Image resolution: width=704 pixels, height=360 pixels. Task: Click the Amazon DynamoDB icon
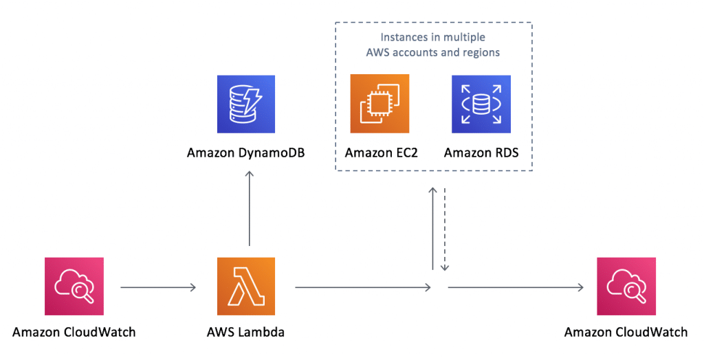click(245, 104)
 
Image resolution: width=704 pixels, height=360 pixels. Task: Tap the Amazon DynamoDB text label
click(245, 152)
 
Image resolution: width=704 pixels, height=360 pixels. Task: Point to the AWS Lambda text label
click(245, 333)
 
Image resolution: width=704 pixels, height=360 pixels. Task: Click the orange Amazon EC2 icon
click(379, 104)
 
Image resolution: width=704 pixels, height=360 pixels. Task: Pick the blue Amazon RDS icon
click(481, 104)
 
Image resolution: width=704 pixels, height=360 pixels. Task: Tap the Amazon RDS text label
click(481, 152)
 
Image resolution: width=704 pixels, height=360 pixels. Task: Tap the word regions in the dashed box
click(481, 52)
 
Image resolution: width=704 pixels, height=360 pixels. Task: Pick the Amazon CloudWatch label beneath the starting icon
click(74, 333)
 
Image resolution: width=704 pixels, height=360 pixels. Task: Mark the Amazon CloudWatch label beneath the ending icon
click(626, 333)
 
